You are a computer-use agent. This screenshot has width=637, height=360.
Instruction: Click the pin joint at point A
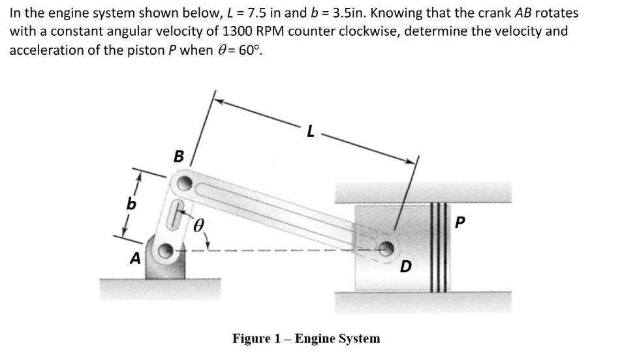click(x=167, y=249)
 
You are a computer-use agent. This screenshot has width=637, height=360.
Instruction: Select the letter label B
click(x=179, y=157)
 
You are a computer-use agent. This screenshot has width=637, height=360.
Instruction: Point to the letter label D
click(x=405, y=267)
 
